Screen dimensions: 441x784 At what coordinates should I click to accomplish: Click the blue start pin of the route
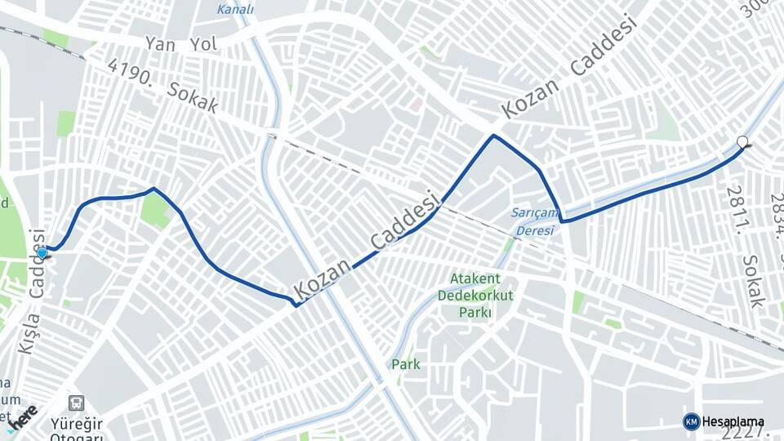[x=42, y=254]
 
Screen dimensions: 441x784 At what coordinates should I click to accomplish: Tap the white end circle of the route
[x=742, y=142]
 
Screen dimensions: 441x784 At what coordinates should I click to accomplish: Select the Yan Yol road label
[x=181, y=44]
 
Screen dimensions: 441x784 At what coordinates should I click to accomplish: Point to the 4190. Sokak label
[x=163, y=85]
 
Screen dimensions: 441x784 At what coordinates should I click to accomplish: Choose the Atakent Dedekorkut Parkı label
[x=475, y=295]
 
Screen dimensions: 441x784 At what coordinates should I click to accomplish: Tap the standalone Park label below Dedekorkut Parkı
[x=406, y=363]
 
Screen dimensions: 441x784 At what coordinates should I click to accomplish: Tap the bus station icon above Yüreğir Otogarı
[x=77, y=403]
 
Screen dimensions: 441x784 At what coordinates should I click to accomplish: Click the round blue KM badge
[x=691, y=421]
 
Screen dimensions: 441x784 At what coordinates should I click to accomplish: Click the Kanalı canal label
[x=235, y=10]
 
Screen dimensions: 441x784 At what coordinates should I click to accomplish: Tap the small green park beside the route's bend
[x=154, y=211]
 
